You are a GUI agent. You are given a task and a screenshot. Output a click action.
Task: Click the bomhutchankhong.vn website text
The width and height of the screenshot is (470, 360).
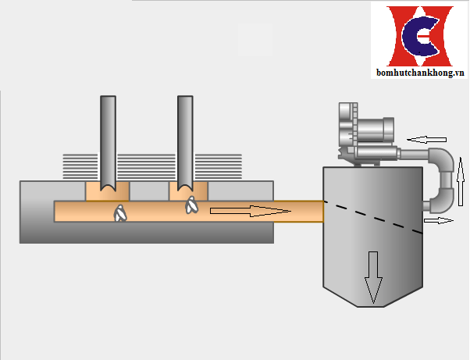[420, 73]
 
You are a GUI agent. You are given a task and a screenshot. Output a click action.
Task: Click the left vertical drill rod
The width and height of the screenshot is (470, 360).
[109, 143]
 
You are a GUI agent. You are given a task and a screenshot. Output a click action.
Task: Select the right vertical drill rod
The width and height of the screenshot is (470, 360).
[185, 143]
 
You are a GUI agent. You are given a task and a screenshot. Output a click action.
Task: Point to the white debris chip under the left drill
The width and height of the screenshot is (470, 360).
[120, 213]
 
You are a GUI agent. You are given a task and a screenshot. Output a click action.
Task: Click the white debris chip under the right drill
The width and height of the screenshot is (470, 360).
[191, 205]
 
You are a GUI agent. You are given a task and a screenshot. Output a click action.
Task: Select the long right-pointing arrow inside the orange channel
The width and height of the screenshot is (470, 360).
[251, 211]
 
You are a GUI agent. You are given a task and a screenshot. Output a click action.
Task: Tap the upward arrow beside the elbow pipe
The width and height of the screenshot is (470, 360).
[461, 182]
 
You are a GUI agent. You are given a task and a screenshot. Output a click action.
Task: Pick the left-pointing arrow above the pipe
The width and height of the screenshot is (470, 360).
[426, 140]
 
